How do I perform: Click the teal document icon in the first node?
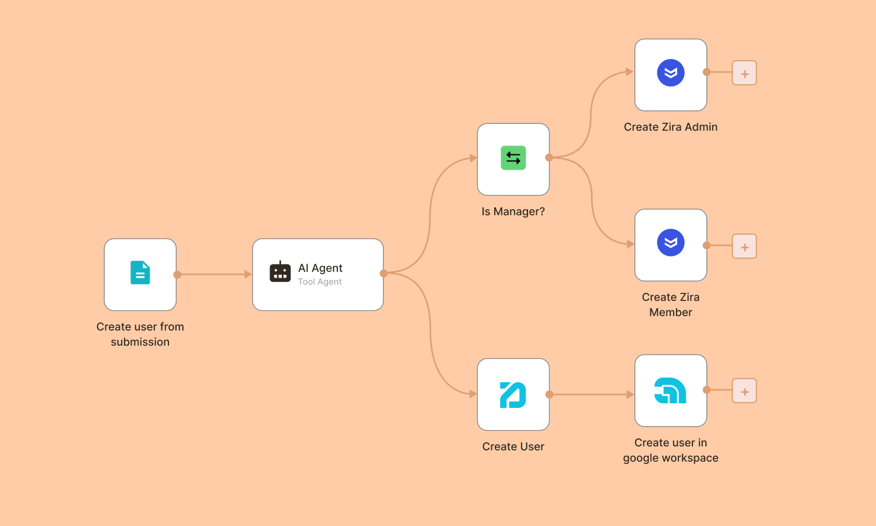(140, 272)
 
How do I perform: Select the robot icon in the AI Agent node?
(280, 272)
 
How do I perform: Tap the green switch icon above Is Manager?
(513, 158)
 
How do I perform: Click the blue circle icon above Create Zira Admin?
(671, 73)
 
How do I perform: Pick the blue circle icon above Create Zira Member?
(671, 243)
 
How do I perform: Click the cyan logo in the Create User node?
(513, 394)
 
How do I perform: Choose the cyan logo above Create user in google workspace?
(670, 390)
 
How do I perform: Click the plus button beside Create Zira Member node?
(744, 247)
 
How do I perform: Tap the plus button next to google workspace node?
(744, 391)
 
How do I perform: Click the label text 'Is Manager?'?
(513, 212)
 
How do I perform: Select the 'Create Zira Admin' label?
(670, 127)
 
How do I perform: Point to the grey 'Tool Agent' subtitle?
(320, 282)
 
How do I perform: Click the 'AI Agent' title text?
(320, 268)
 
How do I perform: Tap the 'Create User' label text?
(513, 447)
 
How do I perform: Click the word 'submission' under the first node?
(140, 342)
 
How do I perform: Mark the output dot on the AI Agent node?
(384, 273)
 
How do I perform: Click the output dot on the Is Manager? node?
(549, 157)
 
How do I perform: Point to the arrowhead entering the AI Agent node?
(248, 274)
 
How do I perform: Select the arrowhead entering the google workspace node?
(630, 394)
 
